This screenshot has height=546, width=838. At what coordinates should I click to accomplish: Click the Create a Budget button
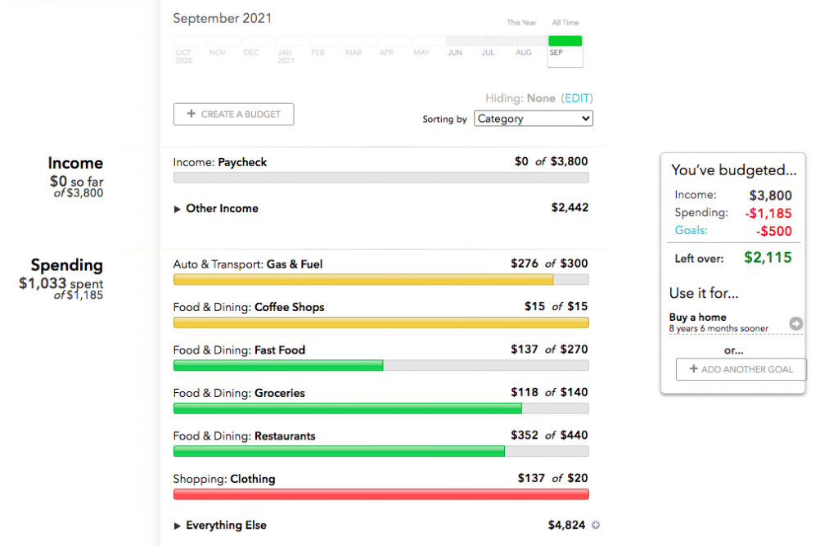click(x=233, y=115)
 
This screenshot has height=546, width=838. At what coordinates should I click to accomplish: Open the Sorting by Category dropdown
click(x=534, y=119)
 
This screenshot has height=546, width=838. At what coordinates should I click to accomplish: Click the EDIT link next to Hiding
click(x=577, y=98)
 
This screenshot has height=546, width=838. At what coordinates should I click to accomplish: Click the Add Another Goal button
click(x=741, y=369)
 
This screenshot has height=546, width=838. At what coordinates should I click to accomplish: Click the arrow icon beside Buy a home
click(x=795, y=324)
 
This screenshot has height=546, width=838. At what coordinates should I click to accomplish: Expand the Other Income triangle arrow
click(x=178, y=209)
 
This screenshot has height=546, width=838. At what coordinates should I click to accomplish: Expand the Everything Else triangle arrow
click(x=178, y=526)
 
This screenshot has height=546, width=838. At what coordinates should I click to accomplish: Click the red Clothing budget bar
click(x=381, y=494)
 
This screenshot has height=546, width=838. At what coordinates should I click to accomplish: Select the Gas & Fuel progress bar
click(x=381, y=280)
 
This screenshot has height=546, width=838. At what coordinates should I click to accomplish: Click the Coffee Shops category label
click(x=289, y=307)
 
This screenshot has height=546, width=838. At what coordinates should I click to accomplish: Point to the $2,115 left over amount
click(x=768, y=257)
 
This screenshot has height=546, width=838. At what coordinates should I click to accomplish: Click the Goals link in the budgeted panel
click(x=691, y=231)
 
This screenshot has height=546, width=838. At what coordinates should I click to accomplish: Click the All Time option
click(x=565, y=23)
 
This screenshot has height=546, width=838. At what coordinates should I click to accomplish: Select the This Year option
click(x=520, y=23)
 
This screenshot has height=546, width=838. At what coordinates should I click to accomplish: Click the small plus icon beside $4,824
click(x=596, y=526)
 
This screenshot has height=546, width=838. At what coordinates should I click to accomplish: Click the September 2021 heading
click(x=223, y=18)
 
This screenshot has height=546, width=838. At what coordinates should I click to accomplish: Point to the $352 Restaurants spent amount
click(x=525, y=435)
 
